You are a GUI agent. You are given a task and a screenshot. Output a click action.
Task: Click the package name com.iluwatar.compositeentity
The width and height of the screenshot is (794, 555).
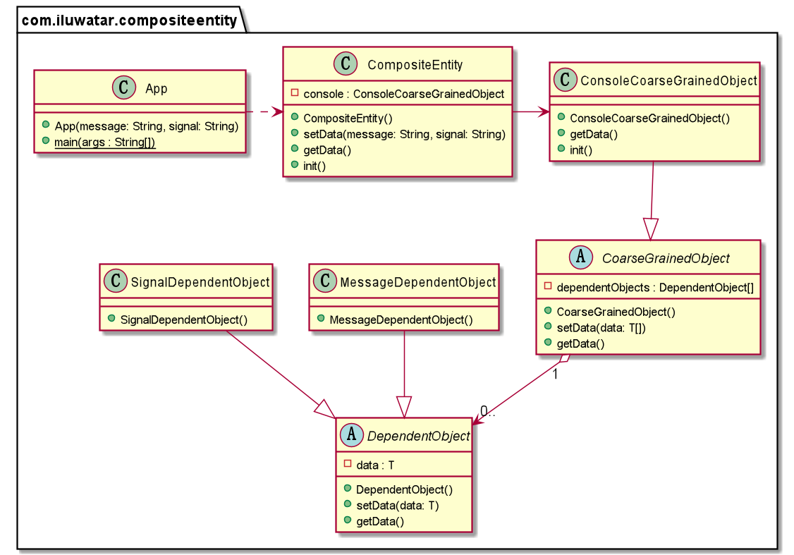129,20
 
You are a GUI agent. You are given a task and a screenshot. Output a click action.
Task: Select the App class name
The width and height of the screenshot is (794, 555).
156,88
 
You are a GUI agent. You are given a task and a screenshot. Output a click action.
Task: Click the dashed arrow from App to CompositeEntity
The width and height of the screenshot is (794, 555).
264,112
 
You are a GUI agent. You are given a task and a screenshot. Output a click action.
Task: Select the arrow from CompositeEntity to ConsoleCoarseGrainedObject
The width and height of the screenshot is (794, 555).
530,111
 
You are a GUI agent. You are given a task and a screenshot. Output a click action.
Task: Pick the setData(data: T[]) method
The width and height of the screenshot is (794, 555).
600,328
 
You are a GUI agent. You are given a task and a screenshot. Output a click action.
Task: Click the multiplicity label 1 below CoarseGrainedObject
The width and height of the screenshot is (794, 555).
556,374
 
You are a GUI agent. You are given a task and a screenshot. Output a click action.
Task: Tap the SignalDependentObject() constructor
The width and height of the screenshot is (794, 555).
183,319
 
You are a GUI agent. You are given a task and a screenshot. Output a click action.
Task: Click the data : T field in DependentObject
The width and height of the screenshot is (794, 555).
375,465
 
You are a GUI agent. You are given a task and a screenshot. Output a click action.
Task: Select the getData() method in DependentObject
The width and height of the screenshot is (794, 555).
380,521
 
